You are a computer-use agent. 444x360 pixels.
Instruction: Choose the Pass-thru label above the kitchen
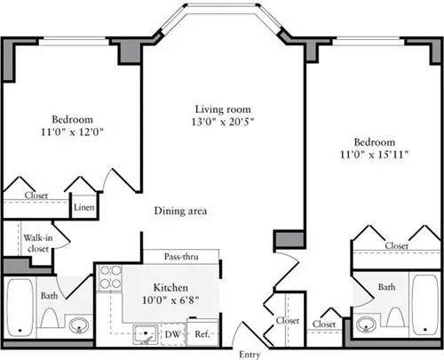(x=182, y=256)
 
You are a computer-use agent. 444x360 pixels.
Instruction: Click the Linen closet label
(x=83, y=207)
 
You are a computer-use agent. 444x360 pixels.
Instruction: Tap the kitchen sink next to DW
(x=141, y=334)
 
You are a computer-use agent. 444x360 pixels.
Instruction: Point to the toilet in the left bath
(x=51, y=321)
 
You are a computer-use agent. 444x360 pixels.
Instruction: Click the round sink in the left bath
(x=80, y=324)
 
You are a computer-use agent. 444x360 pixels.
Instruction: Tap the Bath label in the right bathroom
(x=386, y=287)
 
